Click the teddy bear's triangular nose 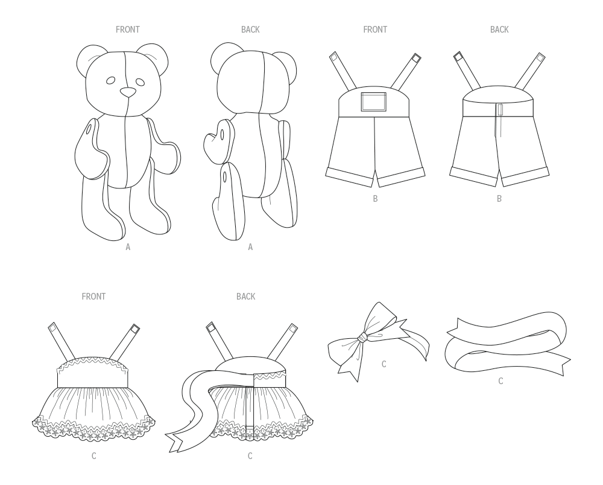coord(128,92)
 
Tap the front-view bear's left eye coord(111,81)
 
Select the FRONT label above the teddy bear coord(127,30)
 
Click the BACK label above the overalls coord(499,30)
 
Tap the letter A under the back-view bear coord(250,246)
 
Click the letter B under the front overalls coord(375,199)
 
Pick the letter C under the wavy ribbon coord(500,381)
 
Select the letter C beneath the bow coord(384,364)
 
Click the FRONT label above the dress coord(93,297)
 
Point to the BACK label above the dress coord(245,297)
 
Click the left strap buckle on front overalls coord(333,57)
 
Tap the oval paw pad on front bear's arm coord(90,129)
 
